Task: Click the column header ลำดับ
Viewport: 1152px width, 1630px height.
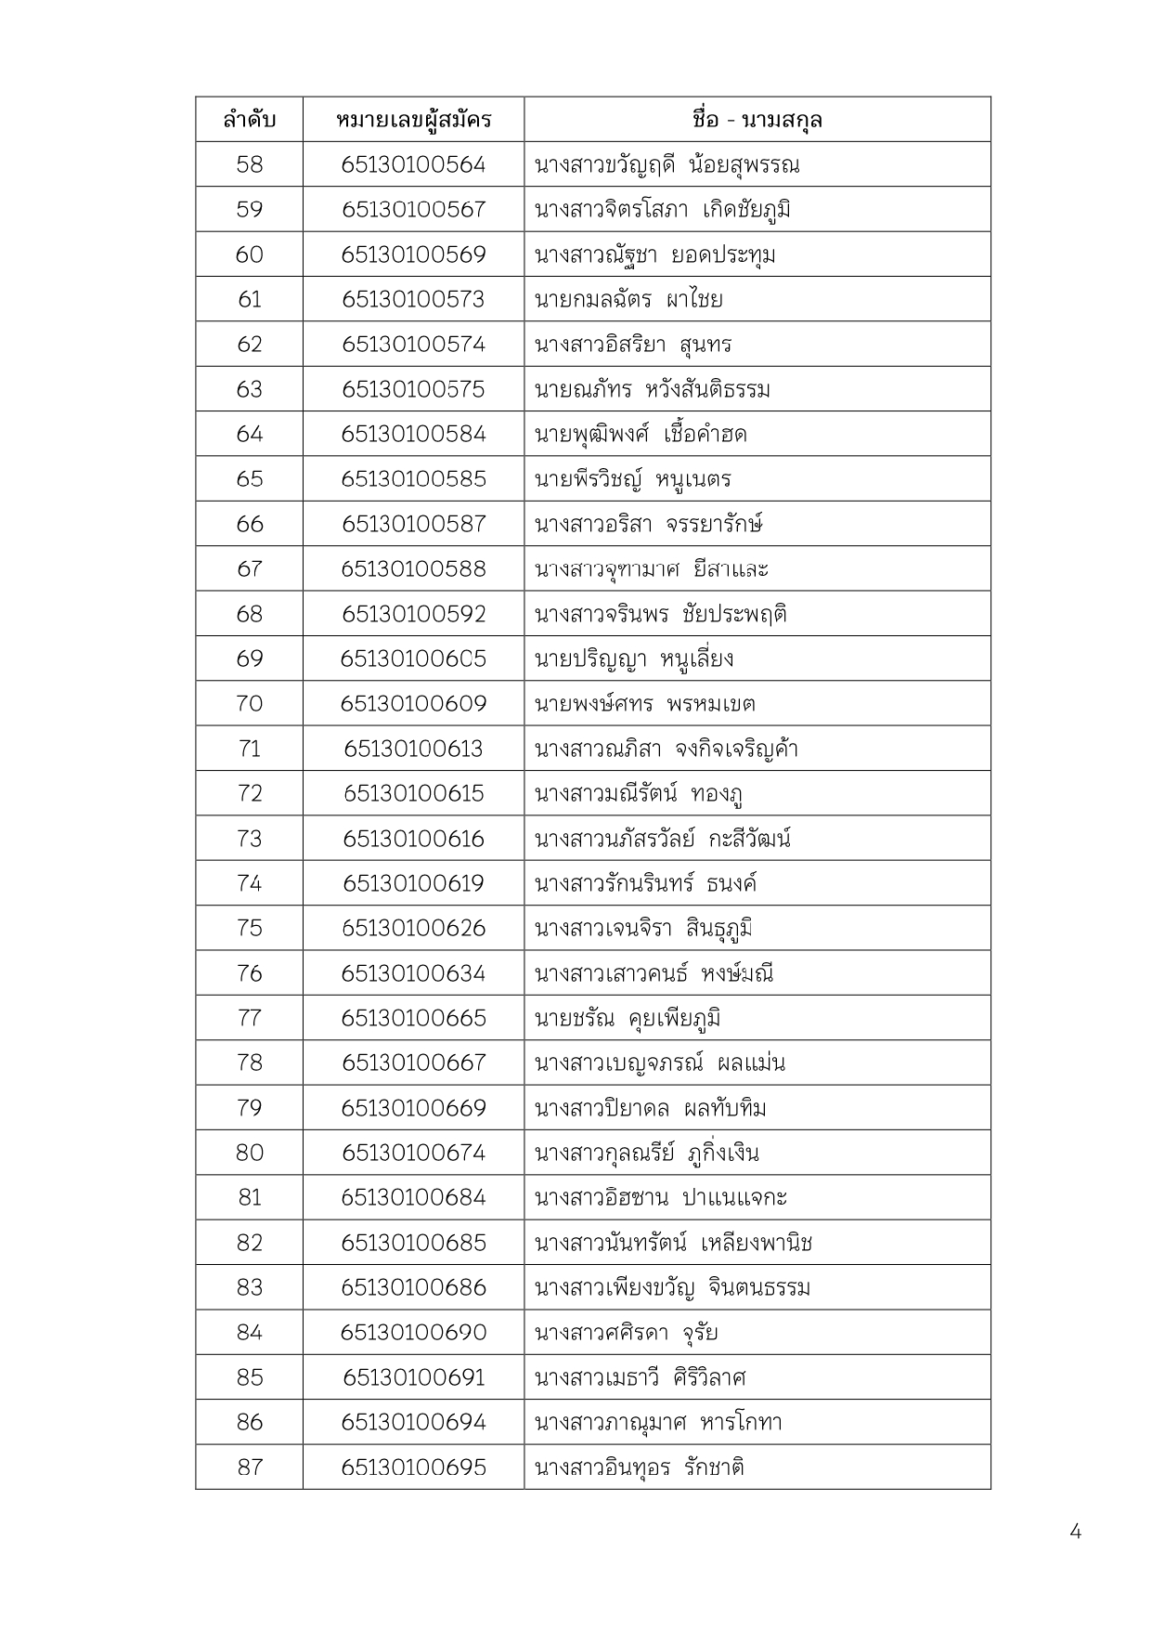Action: pos(249,120)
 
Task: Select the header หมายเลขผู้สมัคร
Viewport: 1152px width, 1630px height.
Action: pos(413,120)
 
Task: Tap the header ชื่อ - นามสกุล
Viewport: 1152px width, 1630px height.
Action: pos(757,120)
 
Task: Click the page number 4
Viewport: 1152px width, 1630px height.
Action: pos(1075,1532)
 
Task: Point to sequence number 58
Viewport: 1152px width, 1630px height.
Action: pos(249,164)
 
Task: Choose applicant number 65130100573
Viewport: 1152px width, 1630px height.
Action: pos(413,299)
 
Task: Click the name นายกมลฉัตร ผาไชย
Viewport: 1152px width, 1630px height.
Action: pos(628,299)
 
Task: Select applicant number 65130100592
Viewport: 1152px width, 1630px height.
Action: pos(413,614)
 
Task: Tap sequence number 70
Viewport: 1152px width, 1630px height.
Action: pos(249,703)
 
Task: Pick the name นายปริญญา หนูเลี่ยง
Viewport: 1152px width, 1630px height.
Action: pos(634,659)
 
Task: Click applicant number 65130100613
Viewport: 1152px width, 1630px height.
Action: pos(413,749)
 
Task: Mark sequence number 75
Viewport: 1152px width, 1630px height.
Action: pos(249,928)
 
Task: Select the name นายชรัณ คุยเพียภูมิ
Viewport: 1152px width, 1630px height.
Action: pos(628,1018)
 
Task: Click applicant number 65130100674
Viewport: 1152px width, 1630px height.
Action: pos(413,1153)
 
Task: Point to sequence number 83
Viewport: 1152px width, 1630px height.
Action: pos(249,1287)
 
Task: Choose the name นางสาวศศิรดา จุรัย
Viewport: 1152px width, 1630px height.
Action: pos(627,1333)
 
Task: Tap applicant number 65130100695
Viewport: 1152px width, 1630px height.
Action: pos(413,1467)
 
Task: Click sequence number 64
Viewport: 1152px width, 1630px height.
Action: pos(249,434)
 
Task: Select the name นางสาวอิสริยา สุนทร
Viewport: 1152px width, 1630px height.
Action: pos(633,345)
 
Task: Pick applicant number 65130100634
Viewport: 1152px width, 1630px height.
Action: pos(413,973)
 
